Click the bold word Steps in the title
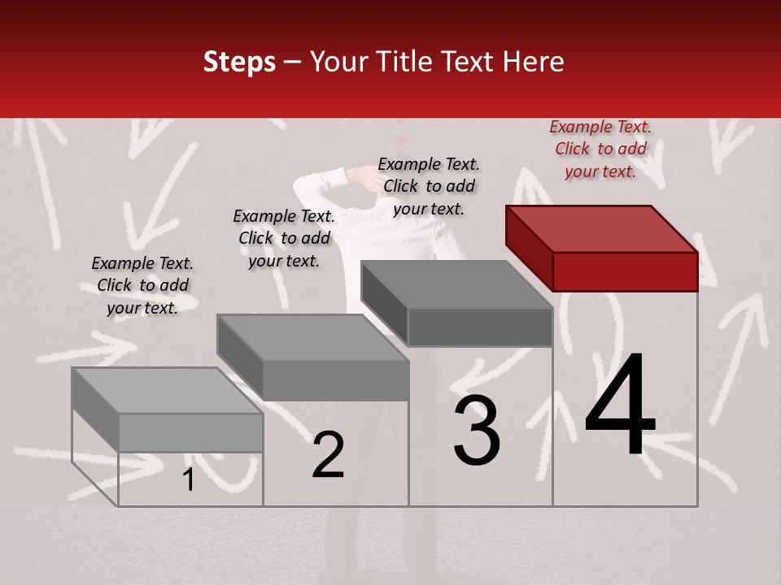tap(239, 63)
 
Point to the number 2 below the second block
tap(328, 455)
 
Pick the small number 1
tap(189, 480)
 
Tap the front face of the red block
tap(625, 271)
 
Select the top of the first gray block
tap(167, 390)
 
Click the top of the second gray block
tap(312, 336)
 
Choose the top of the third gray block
tap(457, 284)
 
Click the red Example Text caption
tap(600, 149)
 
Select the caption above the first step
tap(142, 285)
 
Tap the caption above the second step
tap(284, 238)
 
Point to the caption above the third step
tap(429, 186)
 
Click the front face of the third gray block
tap(480, 327)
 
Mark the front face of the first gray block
tap(190, 432)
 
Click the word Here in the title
tap(533, 63)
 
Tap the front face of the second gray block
tap(335, 380)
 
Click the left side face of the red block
tap(529, 248)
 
